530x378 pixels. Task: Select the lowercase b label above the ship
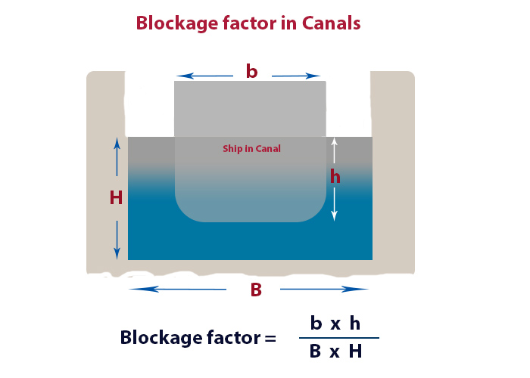[x=251, y=72]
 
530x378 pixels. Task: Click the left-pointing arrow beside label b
[x=205, y=76]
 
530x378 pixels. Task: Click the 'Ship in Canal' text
[x=251, y=149]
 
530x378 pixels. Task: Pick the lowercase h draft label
[x=335, y=177]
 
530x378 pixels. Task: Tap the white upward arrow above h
[x=334, y=150]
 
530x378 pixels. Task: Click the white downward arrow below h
[x=334, y=205]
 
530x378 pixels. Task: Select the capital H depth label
[x=116, y=198]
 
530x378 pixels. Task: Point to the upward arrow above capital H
[x=117, y=159]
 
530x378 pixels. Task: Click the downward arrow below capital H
[x=117, y=236]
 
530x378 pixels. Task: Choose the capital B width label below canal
[x=256, y=290]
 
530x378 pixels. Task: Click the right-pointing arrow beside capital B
[x=324, y=289]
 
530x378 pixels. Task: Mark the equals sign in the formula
[x=270, y=338]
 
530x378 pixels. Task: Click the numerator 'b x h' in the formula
[x=335, y=324]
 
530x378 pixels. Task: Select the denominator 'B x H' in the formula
[x=335, y=352]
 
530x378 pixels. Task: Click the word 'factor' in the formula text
[x=227, y=337]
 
